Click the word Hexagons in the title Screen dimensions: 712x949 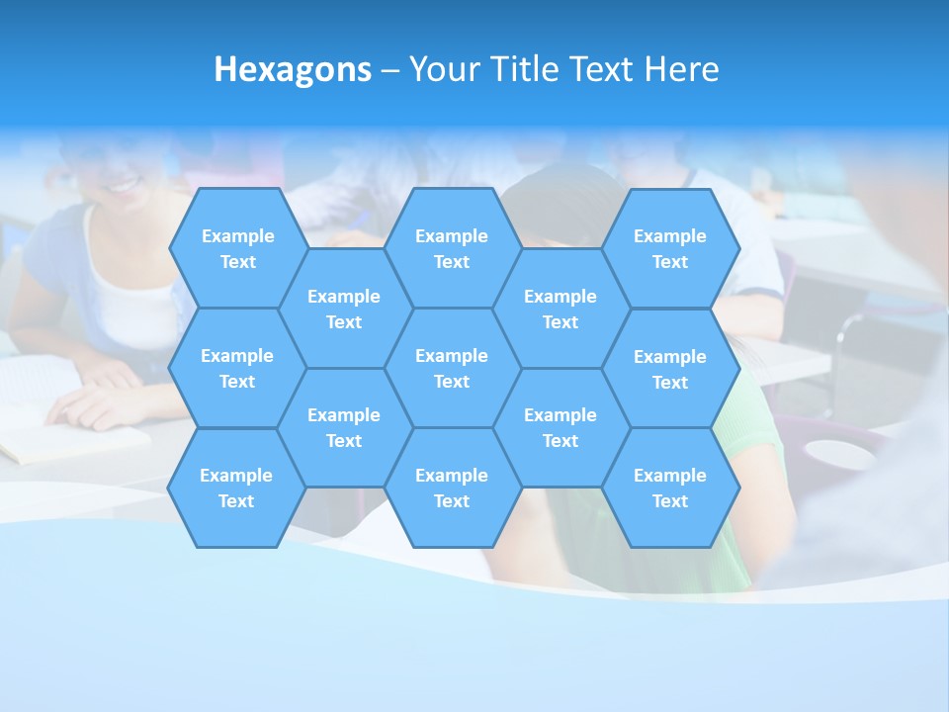[x=293, y=69]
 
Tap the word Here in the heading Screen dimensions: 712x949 [x=681, y=69]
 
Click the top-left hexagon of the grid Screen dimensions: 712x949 [x=237, y=248]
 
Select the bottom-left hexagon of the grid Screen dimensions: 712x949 [x=236, y=488]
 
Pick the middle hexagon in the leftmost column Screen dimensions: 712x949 [x=237, y=368]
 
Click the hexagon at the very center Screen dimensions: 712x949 [x=452, y=368]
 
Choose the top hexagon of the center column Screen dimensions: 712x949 [x=452, y=248]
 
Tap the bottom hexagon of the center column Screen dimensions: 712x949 [x=452, y=488]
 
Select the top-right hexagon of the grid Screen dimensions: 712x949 [x=670, y=248]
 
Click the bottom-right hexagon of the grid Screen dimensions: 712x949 [x=670, y=488]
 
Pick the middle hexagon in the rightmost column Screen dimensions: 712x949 [x=670, y=369]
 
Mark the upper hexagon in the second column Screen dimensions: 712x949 [x=344, y=309]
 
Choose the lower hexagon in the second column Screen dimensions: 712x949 [x=344, y=427]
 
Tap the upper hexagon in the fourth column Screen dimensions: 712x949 [x=561, y=309]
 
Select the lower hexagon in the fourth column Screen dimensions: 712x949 [x=561, y=427]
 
